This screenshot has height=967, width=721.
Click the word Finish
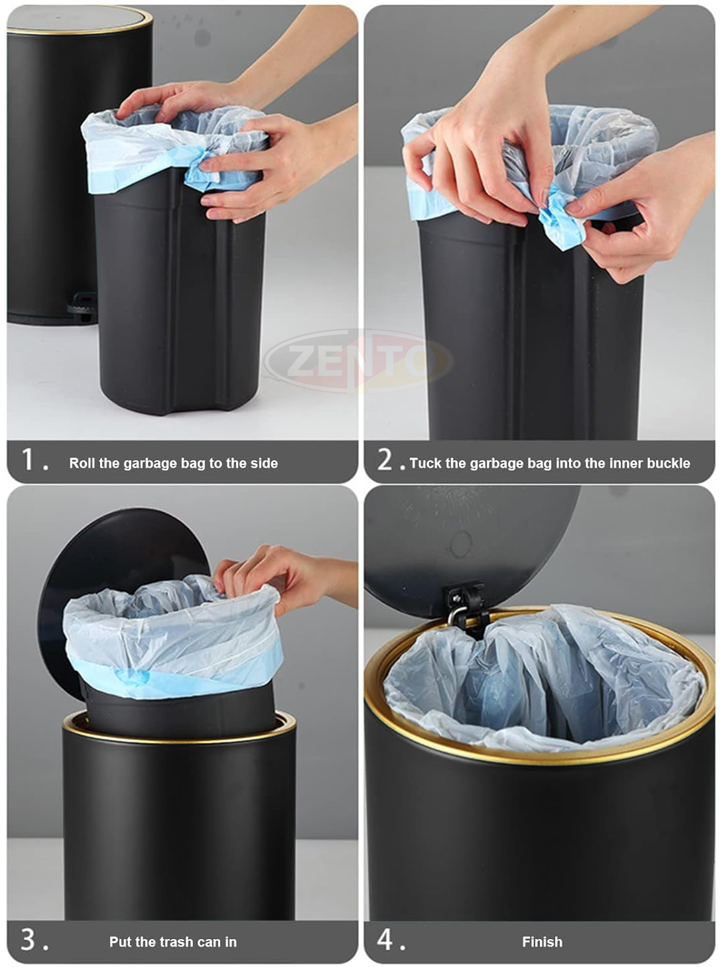point(542,941)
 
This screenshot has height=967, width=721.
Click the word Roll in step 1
point(82,463)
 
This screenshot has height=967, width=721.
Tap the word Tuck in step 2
point(426,463)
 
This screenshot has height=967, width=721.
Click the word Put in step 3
point(120,941)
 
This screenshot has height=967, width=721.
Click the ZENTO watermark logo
point(359,361)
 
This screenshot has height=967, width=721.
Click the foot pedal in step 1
point(82,303)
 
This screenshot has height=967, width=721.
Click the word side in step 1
point(264,463)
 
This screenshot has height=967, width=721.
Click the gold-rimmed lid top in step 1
point(80,20)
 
